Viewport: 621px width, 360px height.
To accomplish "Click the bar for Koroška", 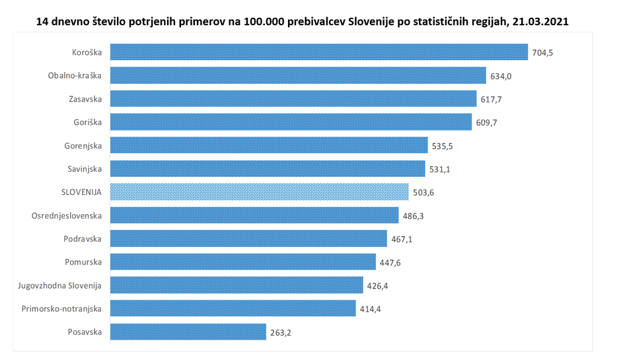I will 318,52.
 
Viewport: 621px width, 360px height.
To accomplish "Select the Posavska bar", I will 188,332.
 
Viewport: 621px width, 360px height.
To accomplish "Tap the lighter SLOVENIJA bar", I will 259,192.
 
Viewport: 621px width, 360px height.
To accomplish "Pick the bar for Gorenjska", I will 269,145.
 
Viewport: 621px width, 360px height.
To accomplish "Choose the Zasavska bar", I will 293,99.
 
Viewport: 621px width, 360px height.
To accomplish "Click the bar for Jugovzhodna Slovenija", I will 237,285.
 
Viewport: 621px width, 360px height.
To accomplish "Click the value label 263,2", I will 280,332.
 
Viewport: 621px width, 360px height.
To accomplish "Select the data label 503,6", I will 423,192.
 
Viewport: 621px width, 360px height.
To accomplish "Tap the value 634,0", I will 500,76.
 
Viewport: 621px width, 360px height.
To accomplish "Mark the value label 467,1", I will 401,239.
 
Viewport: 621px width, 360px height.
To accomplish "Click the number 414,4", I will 370,308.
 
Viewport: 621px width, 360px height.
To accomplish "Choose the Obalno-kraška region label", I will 75,76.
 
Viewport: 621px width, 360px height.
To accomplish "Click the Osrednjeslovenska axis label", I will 67,215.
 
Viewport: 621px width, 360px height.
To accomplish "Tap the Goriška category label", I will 88,122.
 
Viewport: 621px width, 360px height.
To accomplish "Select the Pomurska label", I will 83,262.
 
